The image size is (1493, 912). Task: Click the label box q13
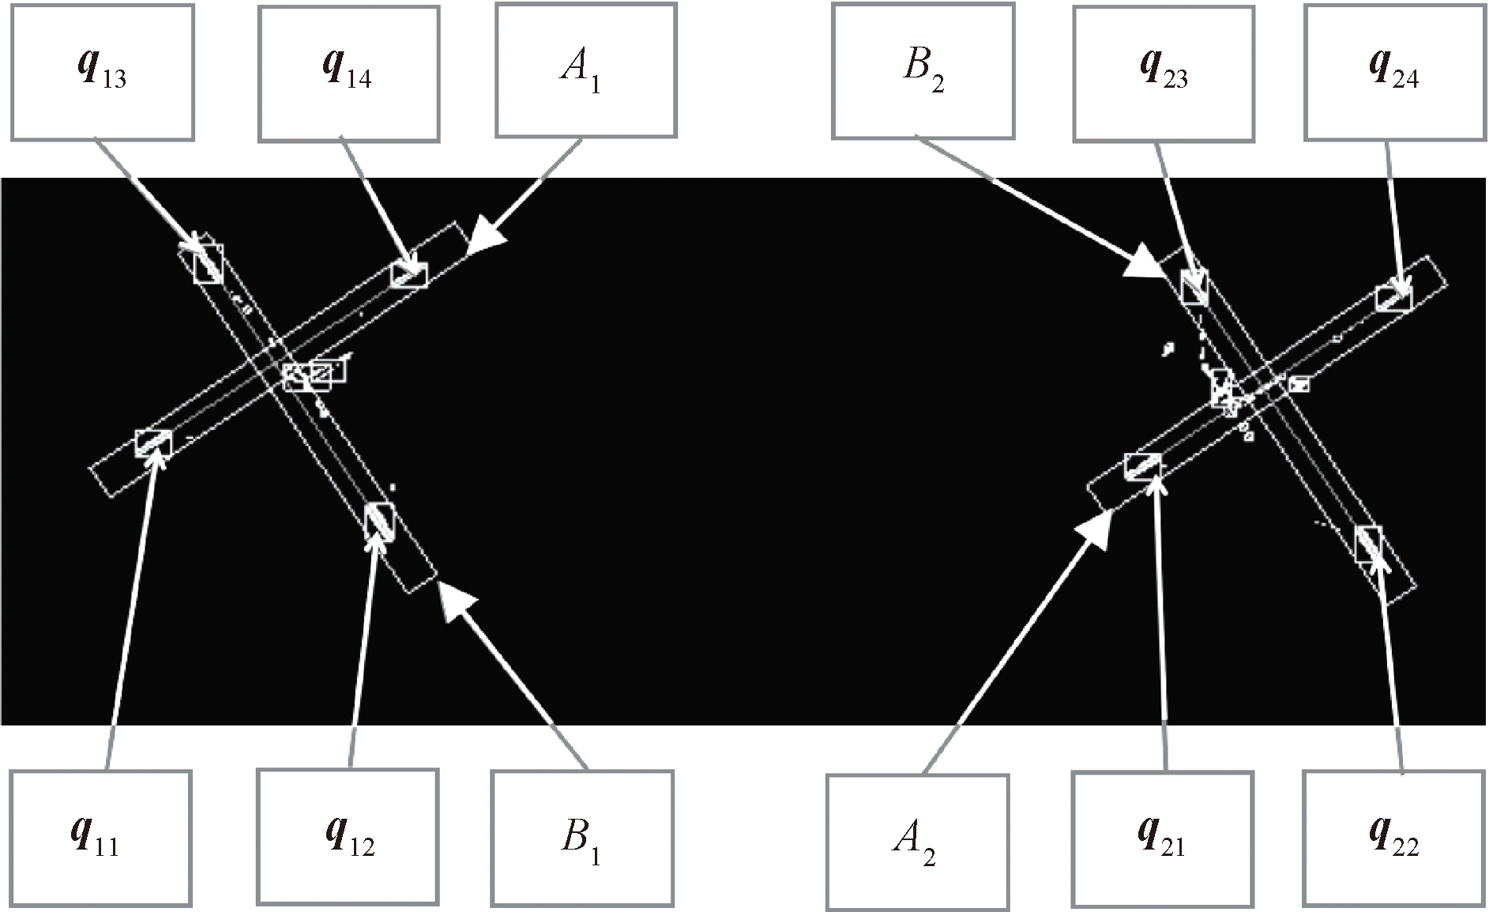102,72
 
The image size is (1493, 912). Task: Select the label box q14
348,73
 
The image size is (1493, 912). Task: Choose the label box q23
1163,73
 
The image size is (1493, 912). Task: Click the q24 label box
1394,72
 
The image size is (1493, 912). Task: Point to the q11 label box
100,838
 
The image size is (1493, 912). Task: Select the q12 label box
348,836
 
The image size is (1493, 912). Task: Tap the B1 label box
582,838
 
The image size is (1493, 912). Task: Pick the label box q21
1162,838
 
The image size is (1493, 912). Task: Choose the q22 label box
1393,838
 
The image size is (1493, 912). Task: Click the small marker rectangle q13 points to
209,263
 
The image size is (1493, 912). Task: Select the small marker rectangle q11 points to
153,443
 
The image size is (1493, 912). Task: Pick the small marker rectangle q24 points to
1393,298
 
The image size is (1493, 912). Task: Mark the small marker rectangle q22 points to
1368,545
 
